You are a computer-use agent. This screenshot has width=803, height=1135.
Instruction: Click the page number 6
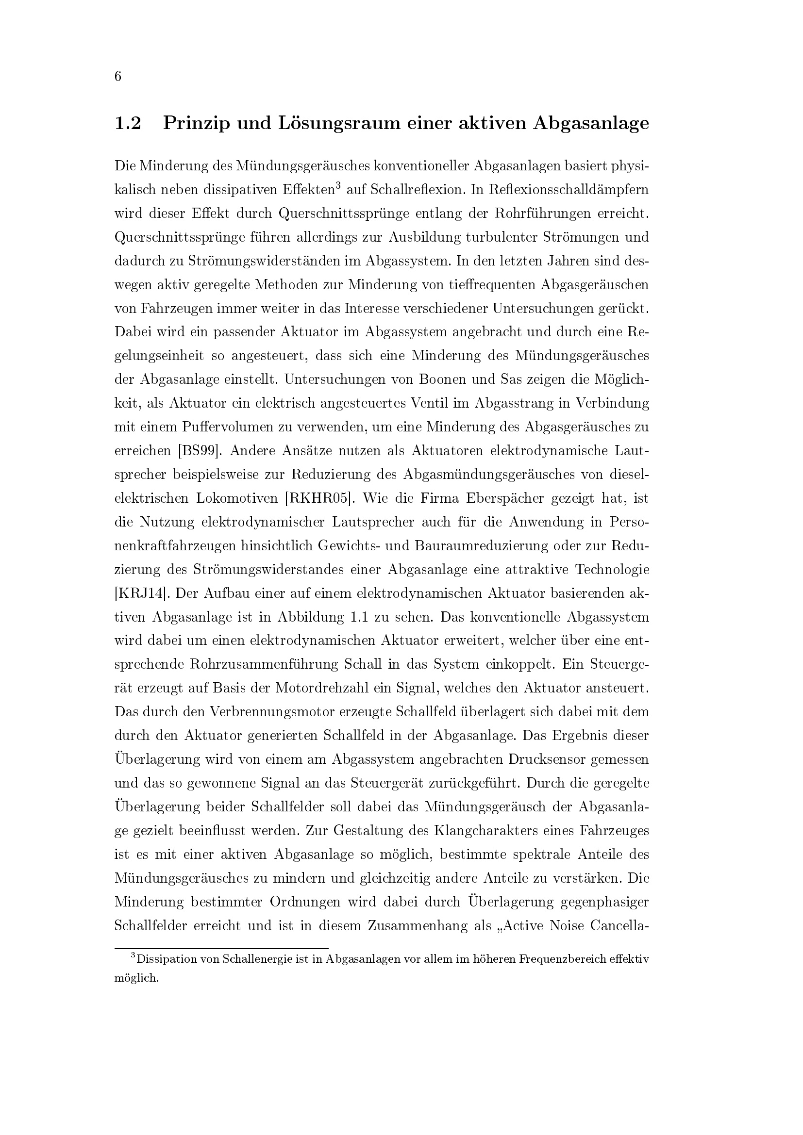click(x=117, y=77)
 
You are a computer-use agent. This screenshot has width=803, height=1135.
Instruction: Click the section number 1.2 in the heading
click(x=128, y=123)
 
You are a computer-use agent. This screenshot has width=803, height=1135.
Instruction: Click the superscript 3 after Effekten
click(x=338, y=186)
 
